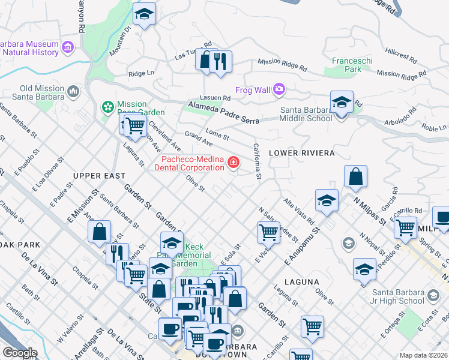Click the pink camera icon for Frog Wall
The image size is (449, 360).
279,90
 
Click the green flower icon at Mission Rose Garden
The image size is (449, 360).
108,107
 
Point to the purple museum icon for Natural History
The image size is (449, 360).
67,47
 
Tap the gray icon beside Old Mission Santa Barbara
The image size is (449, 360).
74,92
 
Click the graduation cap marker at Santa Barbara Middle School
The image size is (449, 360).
342,103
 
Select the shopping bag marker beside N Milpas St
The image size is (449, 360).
355,177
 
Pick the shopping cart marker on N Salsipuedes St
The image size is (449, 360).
268,231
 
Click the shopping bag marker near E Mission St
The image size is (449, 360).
99,232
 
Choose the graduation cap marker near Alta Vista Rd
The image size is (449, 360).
327,200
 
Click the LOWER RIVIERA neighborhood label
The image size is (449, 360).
301,153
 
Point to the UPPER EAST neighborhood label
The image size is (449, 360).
99,176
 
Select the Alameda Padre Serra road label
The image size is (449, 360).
223,113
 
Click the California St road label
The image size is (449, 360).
257,161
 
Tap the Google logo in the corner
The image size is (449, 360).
19,352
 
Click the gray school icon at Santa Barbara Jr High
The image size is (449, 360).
433,296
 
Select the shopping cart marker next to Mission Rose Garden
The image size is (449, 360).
136,125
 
